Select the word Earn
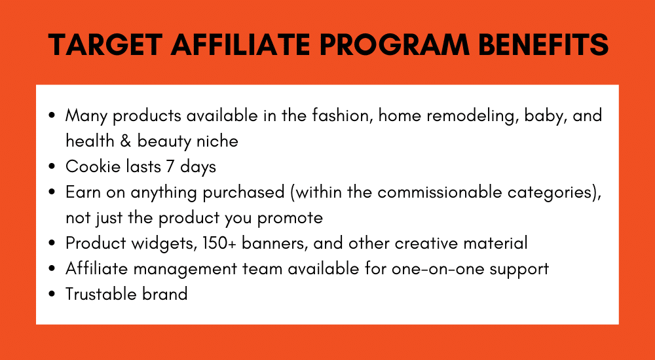[83, 192]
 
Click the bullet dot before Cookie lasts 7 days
[52, 168]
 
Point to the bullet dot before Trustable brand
[52, 295]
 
